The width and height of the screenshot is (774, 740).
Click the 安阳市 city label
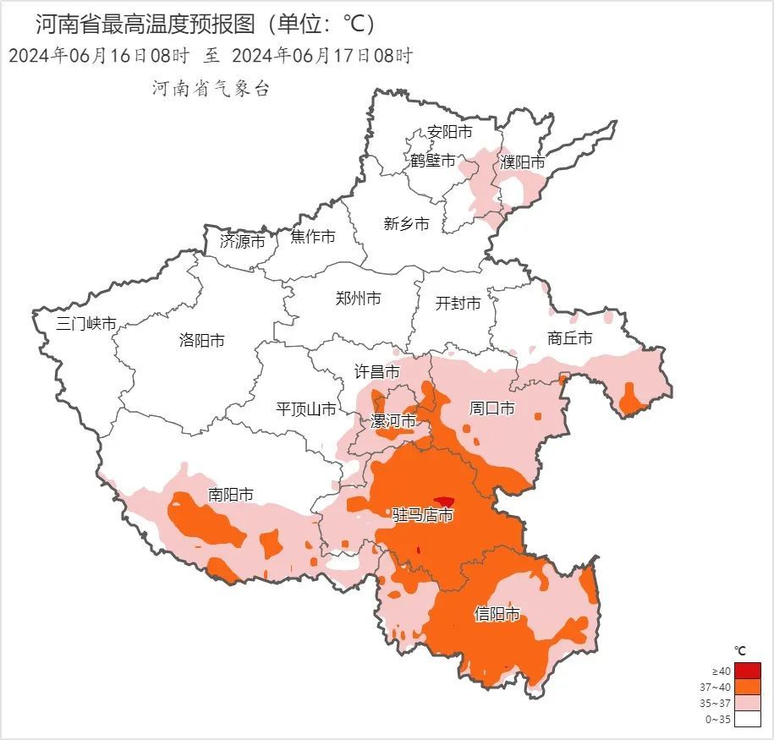point(449,132)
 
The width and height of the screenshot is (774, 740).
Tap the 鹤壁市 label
point(433,161)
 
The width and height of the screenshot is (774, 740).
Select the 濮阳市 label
point(522,162)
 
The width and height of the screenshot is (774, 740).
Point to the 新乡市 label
point(406,223)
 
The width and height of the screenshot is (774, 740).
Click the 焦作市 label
point(313,237)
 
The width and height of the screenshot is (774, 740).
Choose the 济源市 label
point(242,241)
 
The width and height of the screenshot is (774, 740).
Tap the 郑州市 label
point(358,298)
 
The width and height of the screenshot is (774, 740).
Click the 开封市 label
point(458,303)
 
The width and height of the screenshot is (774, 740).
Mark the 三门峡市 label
point(85,323)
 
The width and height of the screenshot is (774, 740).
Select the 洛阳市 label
point(202,340)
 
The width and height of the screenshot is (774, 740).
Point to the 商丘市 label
point(569,338)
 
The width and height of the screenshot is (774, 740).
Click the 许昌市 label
point(376,371)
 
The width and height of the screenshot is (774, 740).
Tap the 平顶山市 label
point(306,409)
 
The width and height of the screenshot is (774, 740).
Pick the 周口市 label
point(491,408)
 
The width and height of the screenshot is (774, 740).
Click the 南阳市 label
point(231,495)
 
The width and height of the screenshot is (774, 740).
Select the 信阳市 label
point(497,614)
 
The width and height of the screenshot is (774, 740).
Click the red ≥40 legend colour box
point(747,671)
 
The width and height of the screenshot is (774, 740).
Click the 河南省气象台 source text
point(211,89)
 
